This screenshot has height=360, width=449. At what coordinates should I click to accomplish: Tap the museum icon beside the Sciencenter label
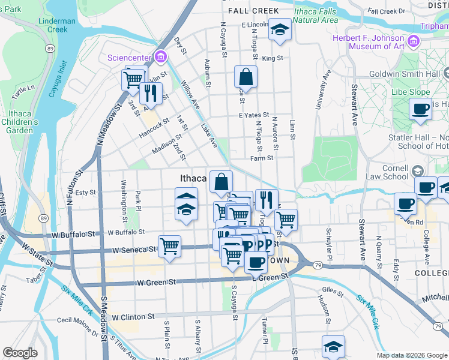pyautogui.click(x=160, y=58)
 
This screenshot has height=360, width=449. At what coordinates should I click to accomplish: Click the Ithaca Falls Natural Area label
pyautogui.click(x=315, y=15)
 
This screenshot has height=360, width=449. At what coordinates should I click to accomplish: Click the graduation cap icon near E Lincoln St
pyautogui.click(x=279, y=29)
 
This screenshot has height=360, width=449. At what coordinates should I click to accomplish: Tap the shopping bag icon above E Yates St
pyautogui.click(x=246, y=77)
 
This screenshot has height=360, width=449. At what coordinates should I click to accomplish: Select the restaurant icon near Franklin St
pyautogui.click(x=150, y=92)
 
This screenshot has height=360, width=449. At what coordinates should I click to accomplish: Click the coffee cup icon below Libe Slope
pyautogui.click(x=420, y=109)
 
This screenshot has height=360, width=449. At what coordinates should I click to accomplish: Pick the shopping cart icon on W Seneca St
pyautogui.click(x=170, y=245)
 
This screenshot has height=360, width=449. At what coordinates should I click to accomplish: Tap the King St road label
pyautogui.click(x=272, y=58)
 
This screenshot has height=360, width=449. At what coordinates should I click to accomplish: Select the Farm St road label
pyautogui.click(x=262, y=158)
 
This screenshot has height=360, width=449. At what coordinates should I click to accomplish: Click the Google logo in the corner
pyautogui.click(x=20, y=353)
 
